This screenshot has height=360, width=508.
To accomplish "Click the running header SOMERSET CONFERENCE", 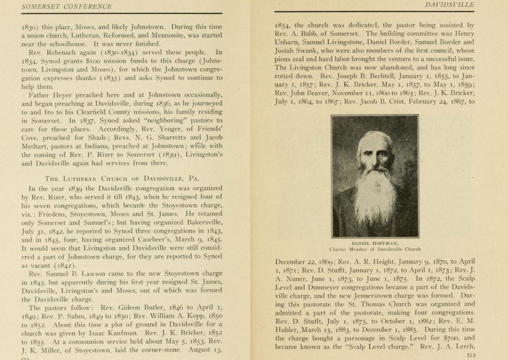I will coord(67,6).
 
